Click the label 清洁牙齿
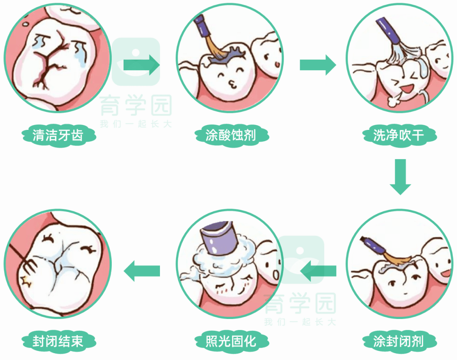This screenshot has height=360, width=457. click(58, 135)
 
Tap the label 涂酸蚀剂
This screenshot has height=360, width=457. click(231, 135)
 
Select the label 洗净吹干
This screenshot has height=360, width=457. click(398, 135)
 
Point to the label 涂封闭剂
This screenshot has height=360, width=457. click(398, 341)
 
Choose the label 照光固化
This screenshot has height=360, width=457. click(231, 341)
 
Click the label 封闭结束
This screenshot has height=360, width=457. click(58, 341)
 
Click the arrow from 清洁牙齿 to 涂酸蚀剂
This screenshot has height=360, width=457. click(141, 65)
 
